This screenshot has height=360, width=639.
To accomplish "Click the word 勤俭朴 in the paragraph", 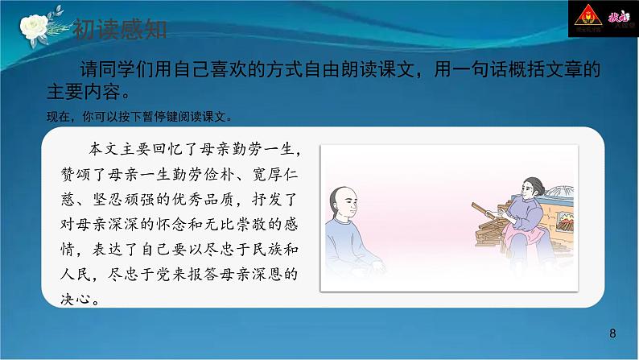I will point(218,173).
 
